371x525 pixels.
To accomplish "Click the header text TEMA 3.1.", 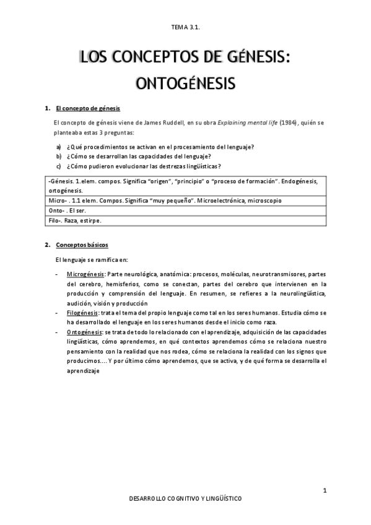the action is click(185, 28).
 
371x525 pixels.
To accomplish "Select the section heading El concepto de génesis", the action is click(87, 108).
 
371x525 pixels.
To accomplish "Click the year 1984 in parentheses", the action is click(289, 123).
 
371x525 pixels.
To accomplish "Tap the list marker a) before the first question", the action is click(58, 147).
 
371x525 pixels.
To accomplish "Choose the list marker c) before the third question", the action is click(58, 166).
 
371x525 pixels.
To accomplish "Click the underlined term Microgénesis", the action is click(85, 274).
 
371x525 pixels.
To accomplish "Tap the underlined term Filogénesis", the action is click(82, 314).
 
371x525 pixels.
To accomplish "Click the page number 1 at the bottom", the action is click(325, 491).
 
